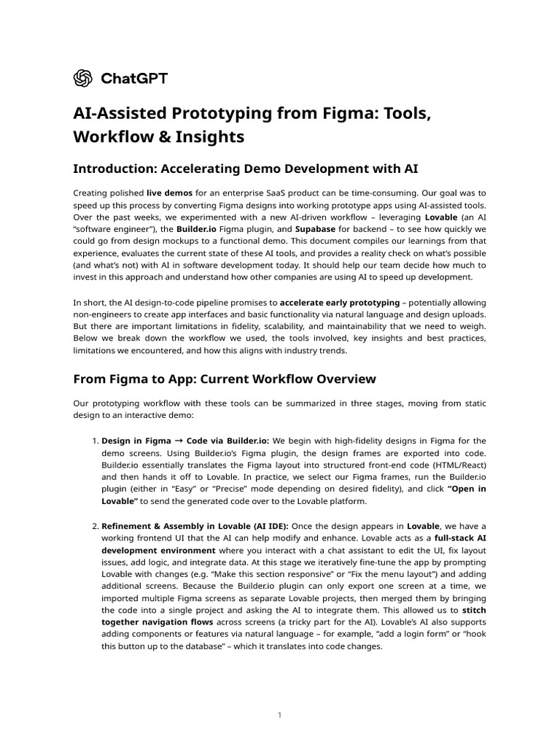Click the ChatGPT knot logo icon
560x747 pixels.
point(82,78)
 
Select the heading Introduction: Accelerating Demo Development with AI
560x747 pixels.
point(246,169)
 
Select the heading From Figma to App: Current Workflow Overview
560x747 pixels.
point(225,379)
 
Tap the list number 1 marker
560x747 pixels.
point(95,441)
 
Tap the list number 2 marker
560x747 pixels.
point(95,526)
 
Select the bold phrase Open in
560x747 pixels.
point(466,489)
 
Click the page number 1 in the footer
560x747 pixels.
point(279,716)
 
